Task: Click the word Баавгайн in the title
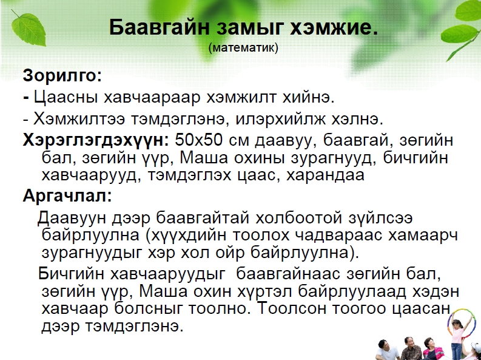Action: click(x=159, y=27)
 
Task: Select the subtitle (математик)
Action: click(x=243, y=48)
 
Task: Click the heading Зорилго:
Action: click(x=62, y=75)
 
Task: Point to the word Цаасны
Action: click(x=66, y=98)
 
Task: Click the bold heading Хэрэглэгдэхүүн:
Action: click(x=96, y=141)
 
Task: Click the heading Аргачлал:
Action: click(x=67, y=195)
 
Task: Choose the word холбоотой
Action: click(x=298, y=218)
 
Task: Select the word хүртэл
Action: click(x=264, y=291)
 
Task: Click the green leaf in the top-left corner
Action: click(x=29, y=29)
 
